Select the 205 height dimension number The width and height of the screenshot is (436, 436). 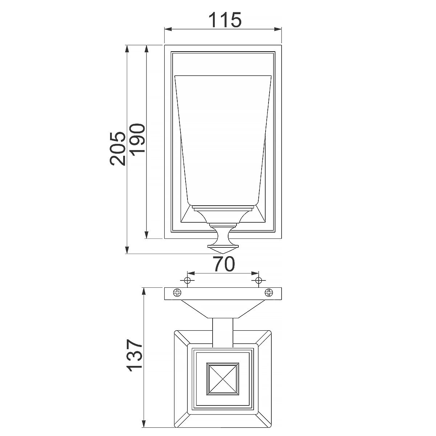(x=118, y=149)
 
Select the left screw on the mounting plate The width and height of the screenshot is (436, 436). (x=177, y=292)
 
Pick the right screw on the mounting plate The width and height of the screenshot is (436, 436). (x=269, y=292)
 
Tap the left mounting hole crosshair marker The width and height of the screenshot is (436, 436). (x=187, y=280)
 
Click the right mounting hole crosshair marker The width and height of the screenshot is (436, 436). (x=258, y=280)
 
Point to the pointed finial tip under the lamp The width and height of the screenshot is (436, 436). (x=223, y=254)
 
